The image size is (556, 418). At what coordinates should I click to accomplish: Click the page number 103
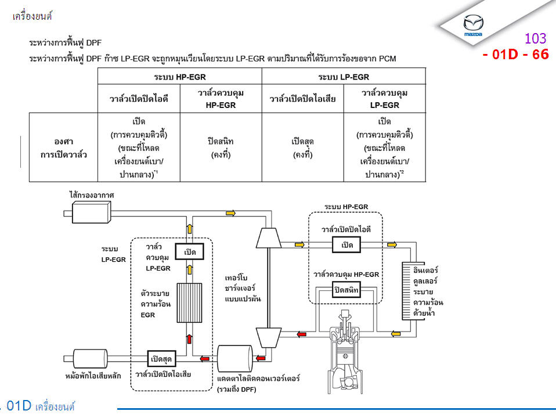click(535, 39)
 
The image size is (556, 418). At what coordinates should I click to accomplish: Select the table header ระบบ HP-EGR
click(180, 77)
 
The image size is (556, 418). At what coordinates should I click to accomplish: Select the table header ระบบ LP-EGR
click(344, 77)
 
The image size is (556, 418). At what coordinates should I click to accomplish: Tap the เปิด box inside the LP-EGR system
click(189, 252)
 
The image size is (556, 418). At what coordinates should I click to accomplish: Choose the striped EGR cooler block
click(189, 302)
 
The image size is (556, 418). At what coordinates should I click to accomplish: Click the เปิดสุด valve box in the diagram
click(163, 356)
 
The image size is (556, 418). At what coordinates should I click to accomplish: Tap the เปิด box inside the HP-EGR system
click(346, 245)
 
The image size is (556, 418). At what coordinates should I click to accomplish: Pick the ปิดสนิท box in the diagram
click(346, 289)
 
